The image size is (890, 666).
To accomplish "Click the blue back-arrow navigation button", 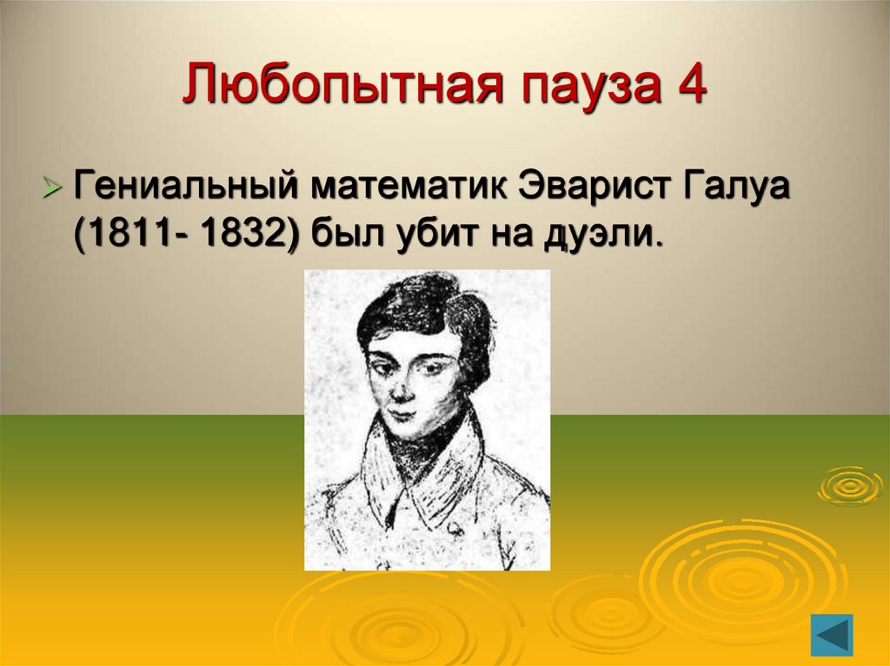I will (x=832, y=635).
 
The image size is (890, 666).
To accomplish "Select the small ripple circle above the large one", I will (x=849, y=485).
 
